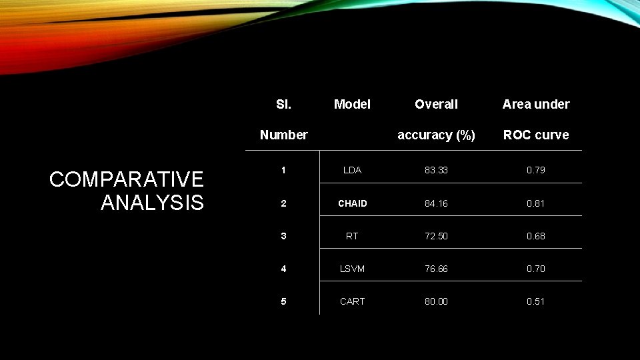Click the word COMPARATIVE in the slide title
(x=127, y=179)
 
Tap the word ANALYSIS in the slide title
(x=152, y=202)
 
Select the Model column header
(x=352, y=104)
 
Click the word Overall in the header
(x=436, y=104)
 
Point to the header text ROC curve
(x=536, y=135)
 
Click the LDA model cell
(x=352, y=170)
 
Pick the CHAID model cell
(x=352, y=203)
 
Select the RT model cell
(x=352, y=236)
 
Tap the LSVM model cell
(x=352, y=269)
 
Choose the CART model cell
(x=352, y=301)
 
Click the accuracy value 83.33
(x=436, y=170)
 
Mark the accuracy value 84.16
(x=436, y=203)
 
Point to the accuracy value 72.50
(x=436, y=236)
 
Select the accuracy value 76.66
(x=436, y=269)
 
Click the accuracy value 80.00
(x=436, y=301)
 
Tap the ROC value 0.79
(x=536, y=170)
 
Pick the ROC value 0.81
(x=536, y=203)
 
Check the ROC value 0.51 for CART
(x=536, y=301)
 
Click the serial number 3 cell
(x=283, y=236)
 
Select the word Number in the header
(x=283, y=135)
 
